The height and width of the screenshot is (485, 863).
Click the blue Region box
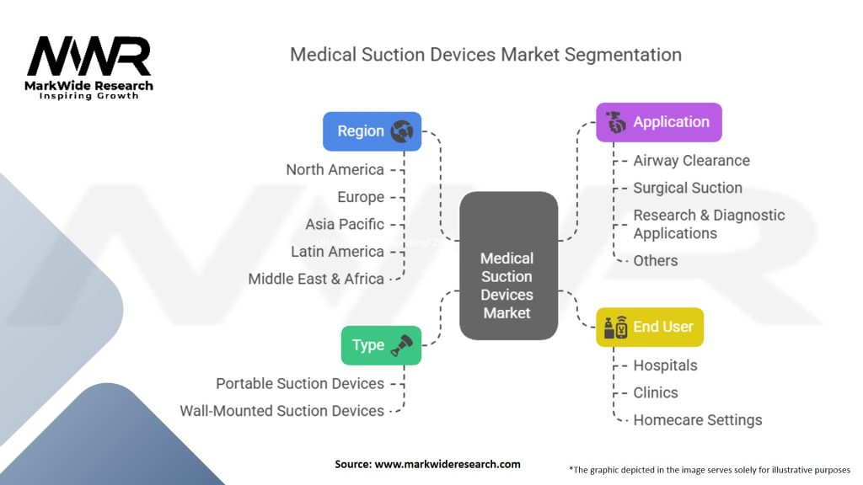(x=372, y=131)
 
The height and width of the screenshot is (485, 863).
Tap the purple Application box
(x=658, y=122)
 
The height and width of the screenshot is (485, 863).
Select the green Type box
(x=381, y=345)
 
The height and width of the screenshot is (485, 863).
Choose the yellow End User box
(x=649, y=327)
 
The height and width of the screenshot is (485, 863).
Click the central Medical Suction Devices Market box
(x=507, y=267)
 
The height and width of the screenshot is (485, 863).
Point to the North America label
(x=335, y=169)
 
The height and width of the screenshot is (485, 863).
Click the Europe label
(x=361, y=197)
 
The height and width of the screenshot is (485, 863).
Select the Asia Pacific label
(x=345, y=224)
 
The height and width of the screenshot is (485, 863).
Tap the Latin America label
(x=337, y=251)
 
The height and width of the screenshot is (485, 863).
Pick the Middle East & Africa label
(x=316, y=279)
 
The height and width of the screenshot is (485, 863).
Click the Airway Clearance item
(x=691, y=160)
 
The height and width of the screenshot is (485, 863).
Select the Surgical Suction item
(x=688, y=188)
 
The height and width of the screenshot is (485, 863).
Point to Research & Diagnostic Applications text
(x=708, y=224)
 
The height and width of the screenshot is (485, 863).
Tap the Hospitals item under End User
(x=665, y=365)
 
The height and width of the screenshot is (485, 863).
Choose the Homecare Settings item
(x=697, y=419)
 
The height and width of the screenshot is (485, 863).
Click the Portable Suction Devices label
(x=300, y=383)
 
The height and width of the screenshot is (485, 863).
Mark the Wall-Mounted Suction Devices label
(x=281, y=411)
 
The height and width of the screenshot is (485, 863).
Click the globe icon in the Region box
(x=401, y=131)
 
